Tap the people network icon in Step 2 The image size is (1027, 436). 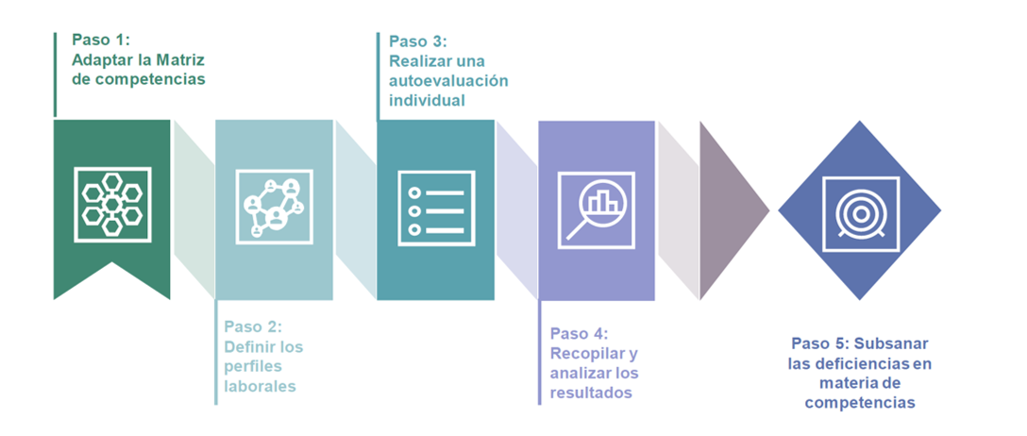274,206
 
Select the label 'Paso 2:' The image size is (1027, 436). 253,327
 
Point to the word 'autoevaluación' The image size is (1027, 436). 448,80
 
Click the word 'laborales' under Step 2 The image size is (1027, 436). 260,386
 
